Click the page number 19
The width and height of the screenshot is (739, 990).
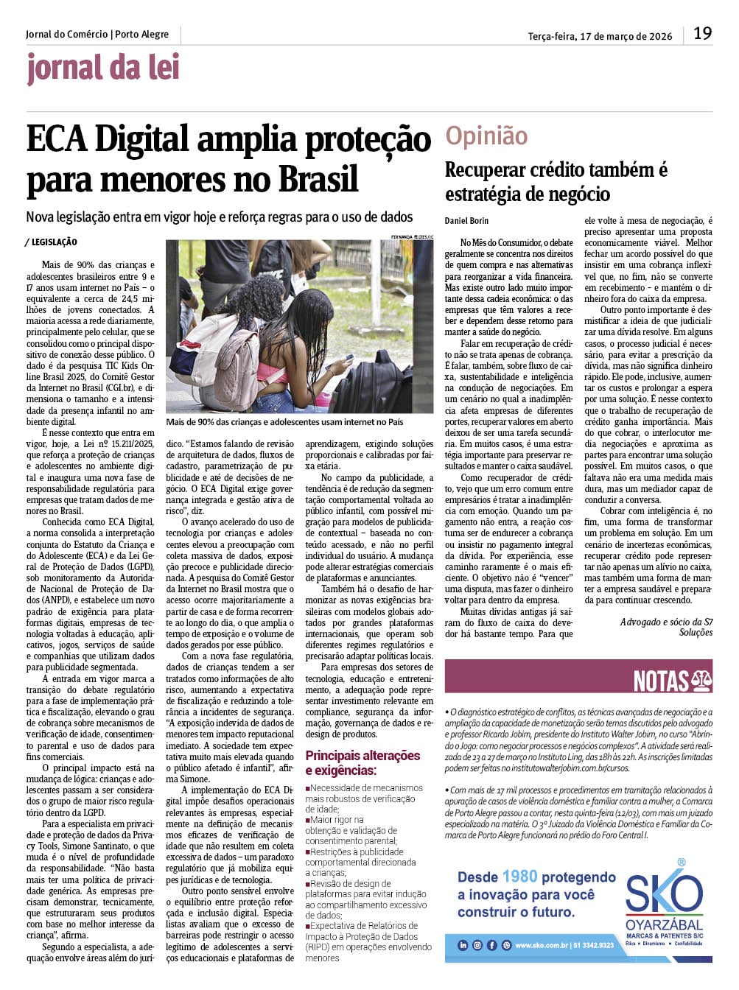pos(702,34)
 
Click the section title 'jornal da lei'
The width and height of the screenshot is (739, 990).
pos(103,69)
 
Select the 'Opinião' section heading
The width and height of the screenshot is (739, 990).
pos(486,136)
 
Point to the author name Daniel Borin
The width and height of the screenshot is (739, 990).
pos(466,221)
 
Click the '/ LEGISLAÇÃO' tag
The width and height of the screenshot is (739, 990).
pos(51,242)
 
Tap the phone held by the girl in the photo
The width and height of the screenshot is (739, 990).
pos(350,358)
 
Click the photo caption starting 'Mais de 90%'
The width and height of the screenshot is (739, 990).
pos(284,422)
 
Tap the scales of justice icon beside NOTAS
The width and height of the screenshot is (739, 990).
pos(701,681)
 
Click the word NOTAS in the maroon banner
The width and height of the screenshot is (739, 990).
pos(661,681)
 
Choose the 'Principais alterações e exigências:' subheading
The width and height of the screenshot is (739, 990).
pos(363,762)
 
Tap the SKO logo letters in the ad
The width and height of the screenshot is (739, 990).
pos(664,894)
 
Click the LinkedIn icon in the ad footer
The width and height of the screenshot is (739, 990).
pos(463,945)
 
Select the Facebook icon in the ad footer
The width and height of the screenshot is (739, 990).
pos(491,945)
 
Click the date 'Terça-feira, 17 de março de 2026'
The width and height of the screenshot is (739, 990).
pos(600,35)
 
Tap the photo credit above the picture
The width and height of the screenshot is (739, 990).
pos(407,236)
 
